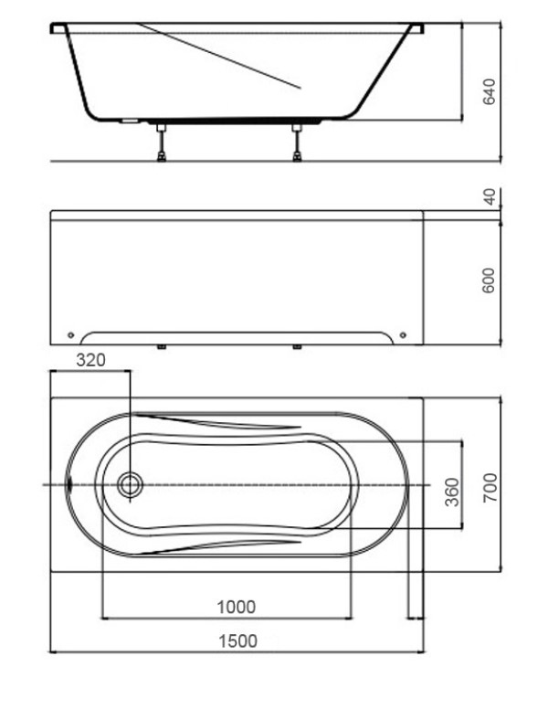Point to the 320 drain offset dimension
90,361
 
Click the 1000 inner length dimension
237,607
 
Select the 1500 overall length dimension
237,640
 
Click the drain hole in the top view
131,485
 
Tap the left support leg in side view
162,142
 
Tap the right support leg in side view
297,142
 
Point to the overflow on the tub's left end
70,484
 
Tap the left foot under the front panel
162,347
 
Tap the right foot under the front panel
297,347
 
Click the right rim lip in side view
416,28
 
